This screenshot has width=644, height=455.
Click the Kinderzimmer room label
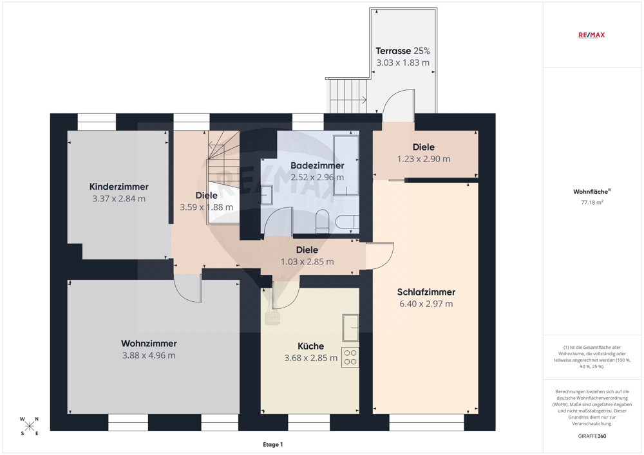[118, 187]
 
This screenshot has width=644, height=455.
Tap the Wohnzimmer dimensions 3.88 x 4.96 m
[149, 355]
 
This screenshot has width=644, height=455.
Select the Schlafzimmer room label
[426, 292]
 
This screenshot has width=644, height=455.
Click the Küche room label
[311, 346]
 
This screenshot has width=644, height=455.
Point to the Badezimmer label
[317, 166]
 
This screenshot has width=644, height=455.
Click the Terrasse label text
[393, 51]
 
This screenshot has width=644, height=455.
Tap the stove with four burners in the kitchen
[350, 357]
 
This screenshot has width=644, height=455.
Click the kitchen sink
[351, 328]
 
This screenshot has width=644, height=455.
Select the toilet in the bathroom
[323, 221]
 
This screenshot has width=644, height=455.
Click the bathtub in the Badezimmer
[346, 165]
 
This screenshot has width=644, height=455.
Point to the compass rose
[29, 426]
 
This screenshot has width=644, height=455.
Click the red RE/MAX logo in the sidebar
[591, 35]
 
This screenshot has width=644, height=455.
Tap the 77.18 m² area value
[592, 202]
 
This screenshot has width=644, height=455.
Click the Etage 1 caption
[272, 444]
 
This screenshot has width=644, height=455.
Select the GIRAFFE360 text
[592, 436]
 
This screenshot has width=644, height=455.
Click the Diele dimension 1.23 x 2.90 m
[424, 159]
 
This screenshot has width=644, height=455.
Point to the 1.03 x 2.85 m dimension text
[307, 262]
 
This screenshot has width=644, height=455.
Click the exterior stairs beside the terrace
[348, 96]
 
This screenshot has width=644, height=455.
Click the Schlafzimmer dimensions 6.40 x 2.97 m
[426, 304]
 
